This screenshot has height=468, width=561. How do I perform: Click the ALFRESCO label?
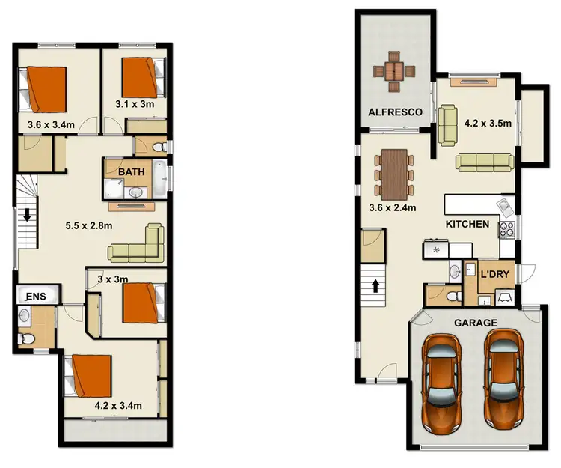[396, 112]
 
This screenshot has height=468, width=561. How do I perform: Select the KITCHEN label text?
[467, 224]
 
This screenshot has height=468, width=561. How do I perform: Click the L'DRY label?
[494, 275]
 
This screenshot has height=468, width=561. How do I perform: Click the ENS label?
[35, 297]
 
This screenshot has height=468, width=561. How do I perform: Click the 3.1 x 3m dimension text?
[135, 104]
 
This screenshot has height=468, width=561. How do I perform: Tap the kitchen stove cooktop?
[508, 228]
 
